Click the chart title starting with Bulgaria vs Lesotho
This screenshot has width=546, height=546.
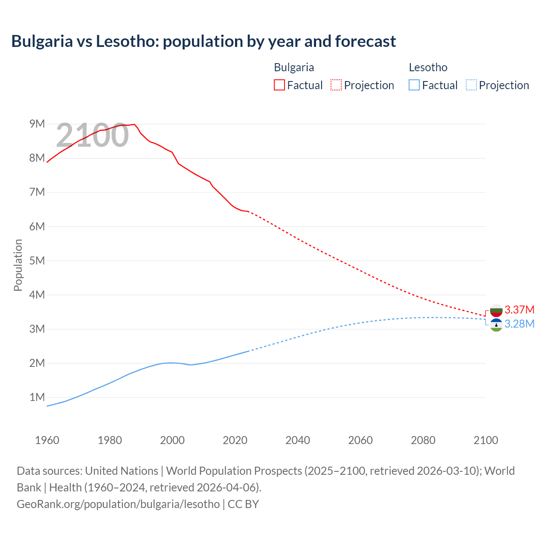203,41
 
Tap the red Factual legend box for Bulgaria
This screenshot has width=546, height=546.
279,85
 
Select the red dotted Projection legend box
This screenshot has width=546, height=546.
336,85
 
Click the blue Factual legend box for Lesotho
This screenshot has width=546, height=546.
414,85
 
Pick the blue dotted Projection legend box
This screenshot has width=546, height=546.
471,85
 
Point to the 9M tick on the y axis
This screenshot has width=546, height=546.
37,124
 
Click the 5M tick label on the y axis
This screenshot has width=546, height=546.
37,261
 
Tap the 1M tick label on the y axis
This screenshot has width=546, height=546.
37,398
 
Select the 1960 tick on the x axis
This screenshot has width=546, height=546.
47,440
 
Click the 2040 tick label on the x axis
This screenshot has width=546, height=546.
298,440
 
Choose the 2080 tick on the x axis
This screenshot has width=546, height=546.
423,440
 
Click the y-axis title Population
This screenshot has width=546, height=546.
18,265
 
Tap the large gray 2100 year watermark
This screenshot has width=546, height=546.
92,135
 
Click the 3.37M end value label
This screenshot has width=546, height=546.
519,310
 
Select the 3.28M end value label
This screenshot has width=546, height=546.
519,324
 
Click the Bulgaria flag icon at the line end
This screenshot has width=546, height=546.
496,310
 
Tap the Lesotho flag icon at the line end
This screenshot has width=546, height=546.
496,325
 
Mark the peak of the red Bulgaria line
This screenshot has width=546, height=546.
134,124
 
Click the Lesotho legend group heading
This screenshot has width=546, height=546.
428,67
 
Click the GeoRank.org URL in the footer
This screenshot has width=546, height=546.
118,504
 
